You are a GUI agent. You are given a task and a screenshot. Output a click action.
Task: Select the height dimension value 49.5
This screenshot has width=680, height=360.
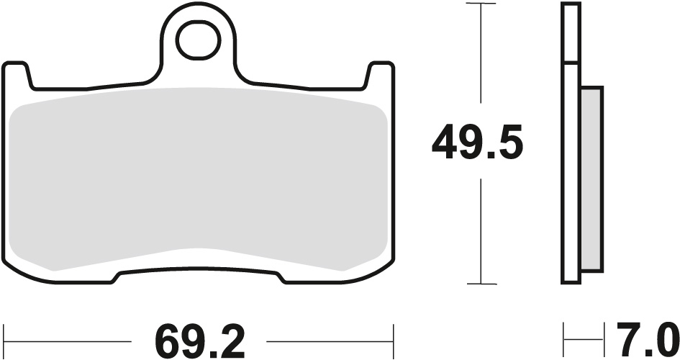click(477, 144)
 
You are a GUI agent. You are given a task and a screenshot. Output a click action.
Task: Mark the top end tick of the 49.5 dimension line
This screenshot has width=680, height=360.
click(481, 4)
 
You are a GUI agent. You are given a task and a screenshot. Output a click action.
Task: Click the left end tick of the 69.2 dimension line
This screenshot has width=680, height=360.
click(4, 335)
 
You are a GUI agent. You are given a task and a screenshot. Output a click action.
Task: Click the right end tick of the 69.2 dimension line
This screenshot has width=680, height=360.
click(393, 335)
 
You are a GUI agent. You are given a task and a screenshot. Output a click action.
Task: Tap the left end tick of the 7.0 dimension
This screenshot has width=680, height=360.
click(564, 335)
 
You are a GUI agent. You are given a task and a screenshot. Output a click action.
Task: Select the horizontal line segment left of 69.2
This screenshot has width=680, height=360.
click(68, 335)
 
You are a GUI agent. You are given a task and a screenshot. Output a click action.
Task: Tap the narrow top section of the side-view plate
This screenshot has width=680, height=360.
click(571, 33)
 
